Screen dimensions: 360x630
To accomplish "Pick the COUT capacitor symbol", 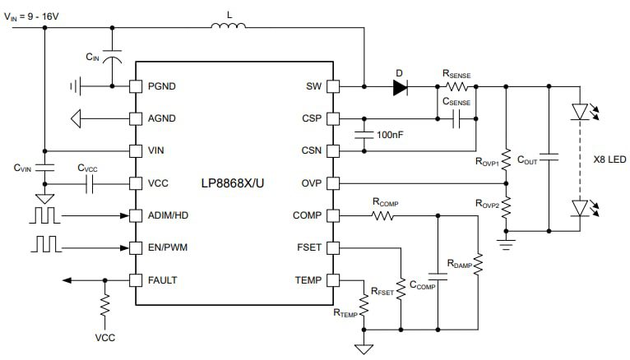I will pos(549,155).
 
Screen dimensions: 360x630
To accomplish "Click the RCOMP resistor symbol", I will pos(382,216).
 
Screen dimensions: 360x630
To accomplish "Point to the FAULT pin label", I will pos(163,279).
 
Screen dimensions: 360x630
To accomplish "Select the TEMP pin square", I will pos(333,279).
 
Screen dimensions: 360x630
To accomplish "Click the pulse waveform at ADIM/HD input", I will pos(46,216).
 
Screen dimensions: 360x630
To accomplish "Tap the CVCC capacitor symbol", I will pos(88,184).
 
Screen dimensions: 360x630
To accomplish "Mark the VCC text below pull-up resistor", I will pos(104,337).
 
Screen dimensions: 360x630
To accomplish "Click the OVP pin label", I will pos(311,182).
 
